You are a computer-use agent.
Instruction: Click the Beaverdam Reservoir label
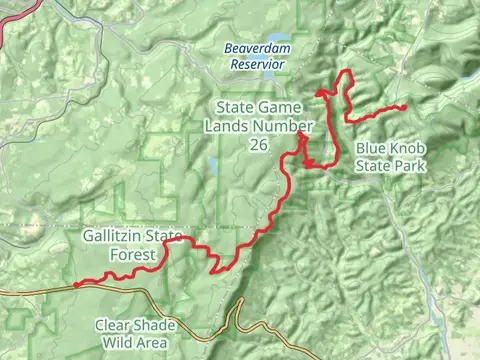click(254, 55)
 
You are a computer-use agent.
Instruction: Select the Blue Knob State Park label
click(391, 157)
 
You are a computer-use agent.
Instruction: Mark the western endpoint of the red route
click(76, 284)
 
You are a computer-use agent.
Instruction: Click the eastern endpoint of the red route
click(403, 107)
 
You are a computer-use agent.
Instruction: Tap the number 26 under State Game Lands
click(259, 145)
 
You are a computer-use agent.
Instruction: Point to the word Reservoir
click(255, 64)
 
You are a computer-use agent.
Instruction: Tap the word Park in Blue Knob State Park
click(410, 165)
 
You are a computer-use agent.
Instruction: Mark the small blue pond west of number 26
click(213, 166)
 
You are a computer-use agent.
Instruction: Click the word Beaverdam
click(254, 47)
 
